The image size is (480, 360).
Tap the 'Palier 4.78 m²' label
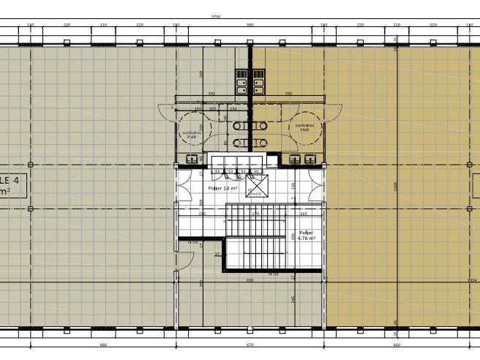[x=307, y=235]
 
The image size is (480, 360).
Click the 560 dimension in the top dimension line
[x=250, y=25]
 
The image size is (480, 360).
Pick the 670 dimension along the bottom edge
[x=250, y=345]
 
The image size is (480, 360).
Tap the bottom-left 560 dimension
[x=103, y=345]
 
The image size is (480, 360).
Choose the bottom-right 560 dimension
[x=397, y=345]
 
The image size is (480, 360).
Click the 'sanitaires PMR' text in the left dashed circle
[x=192, y=135]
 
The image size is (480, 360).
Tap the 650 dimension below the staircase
[x=250, y=280]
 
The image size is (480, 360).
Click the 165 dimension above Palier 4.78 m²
[x=303, y=214]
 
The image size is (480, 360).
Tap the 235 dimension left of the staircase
[x=202, y=214]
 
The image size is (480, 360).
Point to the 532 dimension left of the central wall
[x=211, y=94]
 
